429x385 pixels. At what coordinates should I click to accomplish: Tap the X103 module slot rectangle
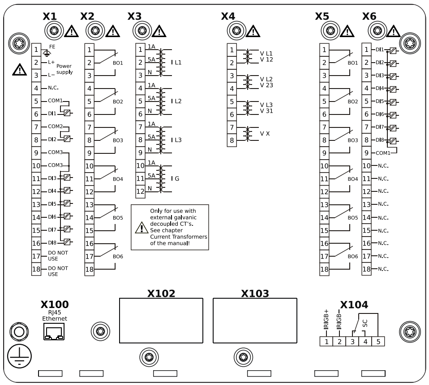255,321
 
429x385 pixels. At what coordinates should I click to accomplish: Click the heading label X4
228,17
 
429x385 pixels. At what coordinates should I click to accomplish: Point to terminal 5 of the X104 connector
378,342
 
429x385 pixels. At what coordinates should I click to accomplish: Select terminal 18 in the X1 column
36,269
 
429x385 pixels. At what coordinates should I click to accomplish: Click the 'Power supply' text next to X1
64,68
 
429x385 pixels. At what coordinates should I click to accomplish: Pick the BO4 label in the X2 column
118,179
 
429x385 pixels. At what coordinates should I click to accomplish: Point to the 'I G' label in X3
175,178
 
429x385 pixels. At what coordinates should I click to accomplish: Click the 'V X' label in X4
265,133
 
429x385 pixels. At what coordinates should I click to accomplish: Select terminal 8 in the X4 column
232,140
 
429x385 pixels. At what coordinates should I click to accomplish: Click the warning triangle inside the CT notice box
141,228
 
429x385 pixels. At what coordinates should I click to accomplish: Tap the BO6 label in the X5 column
353,256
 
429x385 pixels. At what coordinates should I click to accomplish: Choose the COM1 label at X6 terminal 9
383,153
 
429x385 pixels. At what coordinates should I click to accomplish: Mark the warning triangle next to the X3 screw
159,31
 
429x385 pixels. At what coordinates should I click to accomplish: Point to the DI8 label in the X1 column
52,243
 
